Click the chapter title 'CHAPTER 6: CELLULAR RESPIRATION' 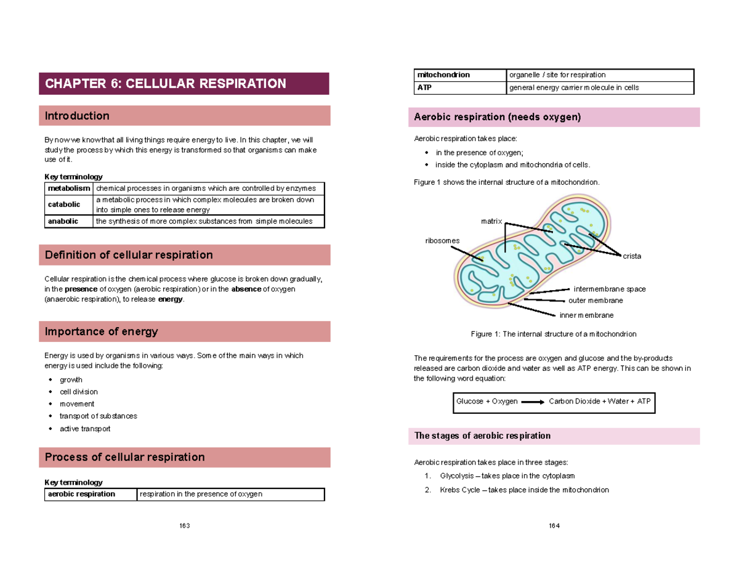point(166,84)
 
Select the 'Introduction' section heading point(77,116)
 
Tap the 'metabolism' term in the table point(68,188)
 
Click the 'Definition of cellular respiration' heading point(129,255)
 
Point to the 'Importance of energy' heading point(101,331)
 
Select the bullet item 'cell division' point(78,392)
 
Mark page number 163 point(184,525)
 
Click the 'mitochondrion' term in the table point(444,75)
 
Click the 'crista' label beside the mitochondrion point(632,256)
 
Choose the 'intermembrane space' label point(609,289)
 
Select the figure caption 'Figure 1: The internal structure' point(553,334)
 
